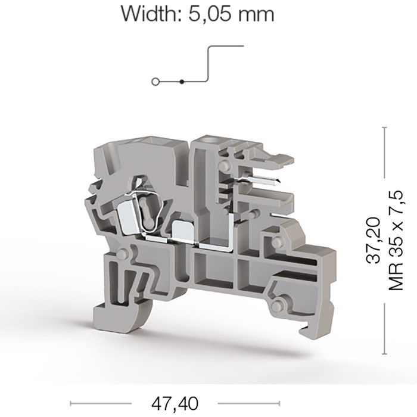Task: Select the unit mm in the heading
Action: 256,15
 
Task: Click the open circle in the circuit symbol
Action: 155,82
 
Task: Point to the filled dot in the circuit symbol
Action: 182,82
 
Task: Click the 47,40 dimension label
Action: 175,403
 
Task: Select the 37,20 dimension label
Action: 373,241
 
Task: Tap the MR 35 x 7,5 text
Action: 396,241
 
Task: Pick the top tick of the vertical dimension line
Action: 384,128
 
